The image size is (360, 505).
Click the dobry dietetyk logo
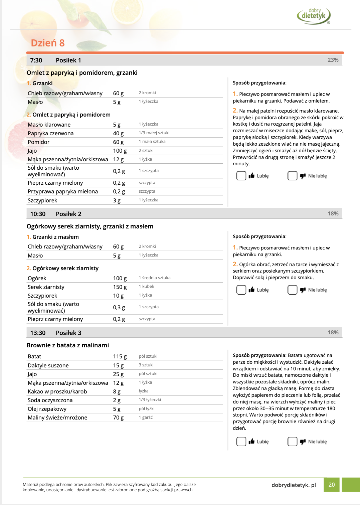[x=313, y=16]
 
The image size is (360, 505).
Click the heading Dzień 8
[x=48, y=43]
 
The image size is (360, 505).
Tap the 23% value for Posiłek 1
[x=333, y=60]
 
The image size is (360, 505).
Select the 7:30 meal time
[x=36, y=60]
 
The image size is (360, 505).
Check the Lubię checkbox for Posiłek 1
[x=241, y=176]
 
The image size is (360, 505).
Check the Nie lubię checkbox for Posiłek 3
[x=292, y=442]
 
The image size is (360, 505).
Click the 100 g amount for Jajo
[x=120, y=151]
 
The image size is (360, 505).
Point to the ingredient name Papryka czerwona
[x=50, y=134]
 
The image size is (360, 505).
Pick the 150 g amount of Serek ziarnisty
[x=120, y=287]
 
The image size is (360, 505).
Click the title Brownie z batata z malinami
[x=68, y=345]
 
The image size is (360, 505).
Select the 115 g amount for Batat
[x=120, y=357]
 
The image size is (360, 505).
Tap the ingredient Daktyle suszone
[x=48, y=366]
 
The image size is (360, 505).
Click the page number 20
[x=332, y=485]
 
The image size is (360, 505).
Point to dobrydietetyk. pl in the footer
[x=294, y=485]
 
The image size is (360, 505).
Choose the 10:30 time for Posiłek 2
[x=38, y=214]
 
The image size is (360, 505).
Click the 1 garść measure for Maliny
[x=146, y=417]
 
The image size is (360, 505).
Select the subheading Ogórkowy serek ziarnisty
[x=65, y=269]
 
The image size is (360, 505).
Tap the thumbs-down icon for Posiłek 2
[x=303, y=290]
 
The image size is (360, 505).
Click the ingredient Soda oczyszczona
[x=50, y=400]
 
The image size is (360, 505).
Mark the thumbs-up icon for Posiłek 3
[x=251, y=442]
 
